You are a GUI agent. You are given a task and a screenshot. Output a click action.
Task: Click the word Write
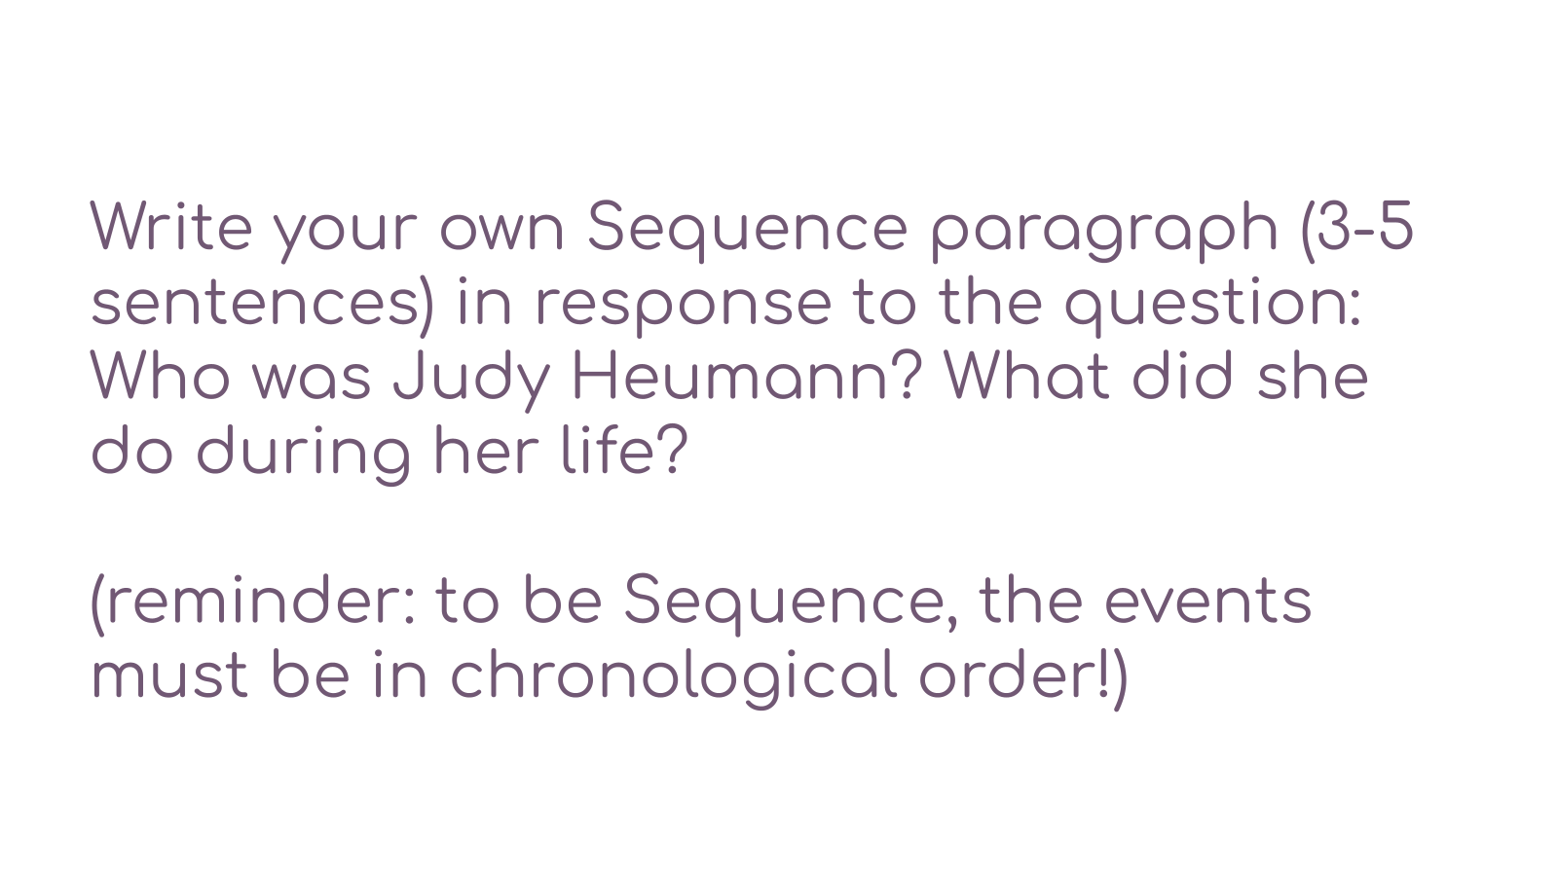171,226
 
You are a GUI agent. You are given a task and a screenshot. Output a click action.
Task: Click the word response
683,308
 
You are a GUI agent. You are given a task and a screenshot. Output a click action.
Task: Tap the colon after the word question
1354,307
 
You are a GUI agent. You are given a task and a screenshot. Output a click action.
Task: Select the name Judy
471,382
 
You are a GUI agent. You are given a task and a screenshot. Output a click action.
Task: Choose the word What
1026,376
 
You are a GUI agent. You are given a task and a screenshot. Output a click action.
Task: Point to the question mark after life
673,450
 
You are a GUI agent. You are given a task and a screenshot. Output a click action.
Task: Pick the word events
1208,602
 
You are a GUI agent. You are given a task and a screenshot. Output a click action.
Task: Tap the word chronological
673,677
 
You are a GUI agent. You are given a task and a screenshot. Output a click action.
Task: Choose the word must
169,675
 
